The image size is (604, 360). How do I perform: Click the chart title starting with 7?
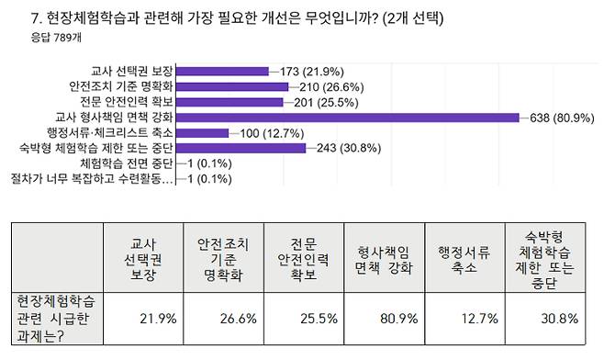coord(237,17)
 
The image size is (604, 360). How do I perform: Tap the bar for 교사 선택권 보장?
coord(222,71)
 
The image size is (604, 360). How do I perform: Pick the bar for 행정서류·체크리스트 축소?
coord(202,132)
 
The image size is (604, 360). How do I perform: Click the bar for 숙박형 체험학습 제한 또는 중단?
coord(240,147)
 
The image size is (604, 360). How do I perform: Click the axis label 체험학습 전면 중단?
coord(127,163)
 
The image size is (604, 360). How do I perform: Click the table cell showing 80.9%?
coord(380,319)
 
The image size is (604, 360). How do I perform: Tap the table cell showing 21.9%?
coord(142,319)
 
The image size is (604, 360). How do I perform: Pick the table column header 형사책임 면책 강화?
coord(378,258)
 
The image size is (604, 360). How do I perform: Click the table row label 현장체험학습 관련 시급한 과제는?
coord(56,319)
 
